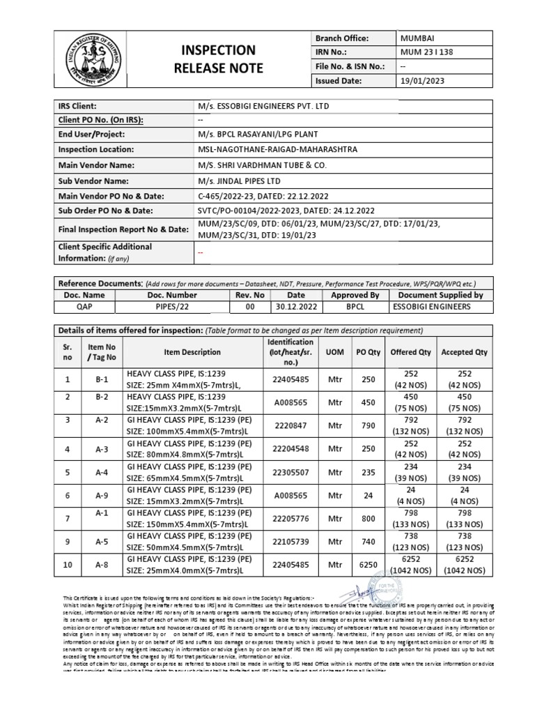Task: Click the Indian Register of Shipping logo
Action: click(x=87, y=58)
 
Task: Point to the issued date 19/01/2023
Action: click(x=422, y=81)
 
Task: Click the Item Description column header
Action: click(x=192, y=352)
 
